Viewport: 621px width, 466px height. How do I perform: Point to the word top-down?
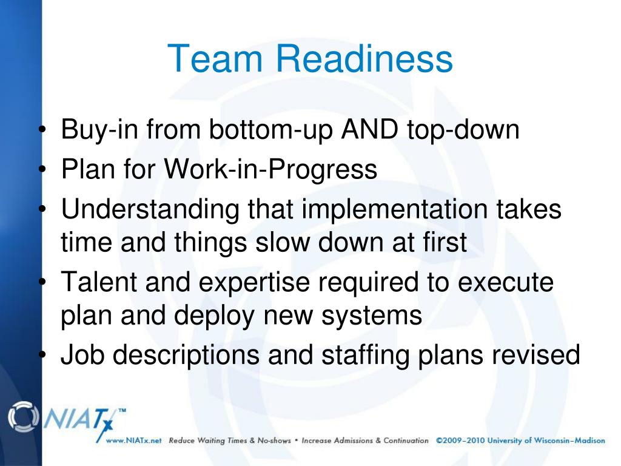tap(468, 131)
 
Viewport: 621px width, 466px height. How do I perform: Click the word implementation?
tap(394, 210)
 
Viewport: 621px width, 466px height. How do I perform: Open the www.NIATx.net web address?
tap(133, 441)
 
